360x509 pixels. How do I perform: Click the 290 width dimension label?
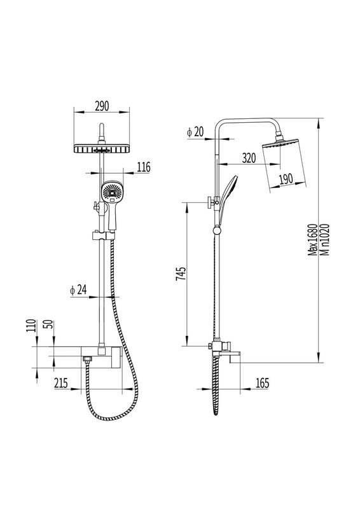102,106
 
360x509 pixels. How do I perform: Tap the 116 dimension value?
144,167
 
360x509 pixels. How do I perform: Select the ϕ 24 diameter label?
79,289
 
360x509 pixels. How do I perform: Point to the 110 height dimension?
31,327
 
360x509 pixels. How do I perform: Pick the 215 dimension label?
61,383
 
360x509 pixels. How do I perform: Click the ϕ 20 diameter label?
195,132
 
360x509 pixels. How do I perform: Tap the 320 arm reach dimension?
249,158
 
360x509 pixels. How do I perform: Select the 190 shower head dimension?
286,179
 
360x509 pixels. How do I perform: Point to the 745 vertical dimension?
181,274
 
